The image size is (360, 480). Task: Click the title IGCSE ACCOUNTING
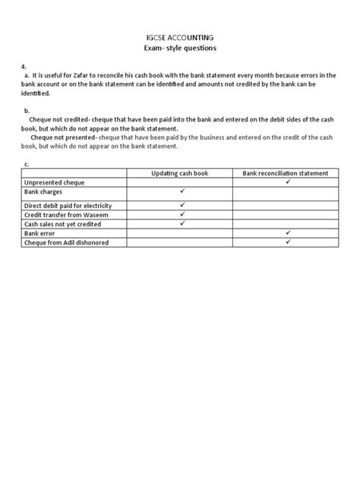pyautogui.click(x=180, y=36)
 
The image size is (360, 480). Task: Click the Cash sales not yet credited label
pyautogui.click(x=65, y=224)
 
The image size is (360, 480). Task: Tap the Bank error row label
pyautogui.click(x=42, y=234)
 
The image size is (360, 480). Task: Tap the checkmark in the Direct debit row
pyautogui.click(x=182, y=204)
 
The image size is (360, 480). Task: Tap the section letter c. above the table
pyautogui.click(x=27, y=164)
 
